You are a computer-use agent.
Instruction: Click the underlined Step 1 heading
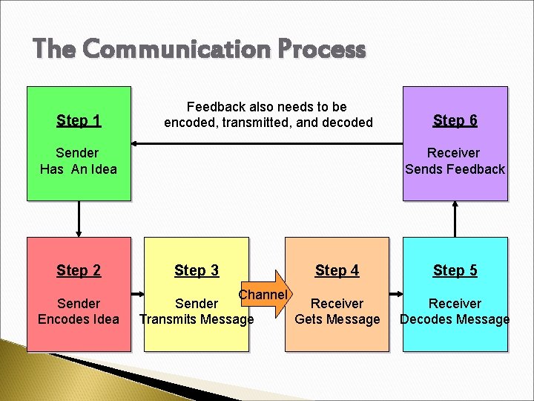pos(79,120)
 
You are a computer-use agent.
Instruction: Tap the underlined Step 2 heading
pos(79,270)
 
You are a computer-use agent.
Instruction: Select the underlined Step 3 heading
pos(197,270)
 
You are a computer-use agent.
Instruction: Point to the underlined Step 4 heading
pos(337,270)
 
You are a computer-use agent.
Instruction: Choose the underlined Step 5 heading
pos(455,270)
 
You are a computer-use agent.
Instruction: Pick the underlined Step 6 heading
pos(455,120)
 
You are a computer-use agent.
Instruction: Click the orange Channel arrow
pos(268,295)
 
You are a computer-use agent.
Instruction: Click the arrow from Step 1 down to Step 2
pos(79,219)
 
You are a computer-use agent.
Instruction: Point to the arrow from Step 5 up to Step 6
pos(455,219)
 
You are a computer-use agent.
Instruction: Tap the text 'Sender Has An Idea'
pos(79,161)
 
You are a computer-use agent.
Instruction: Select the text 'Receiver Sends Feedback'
pos(455,161)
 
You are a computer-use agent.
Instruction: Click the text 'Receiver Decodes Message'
pos(455,312)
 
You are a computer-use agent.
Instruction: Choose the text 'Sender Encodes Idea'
pos(79,312)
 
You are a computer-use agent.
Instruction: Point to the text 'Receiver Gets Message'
pos(337,312)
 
